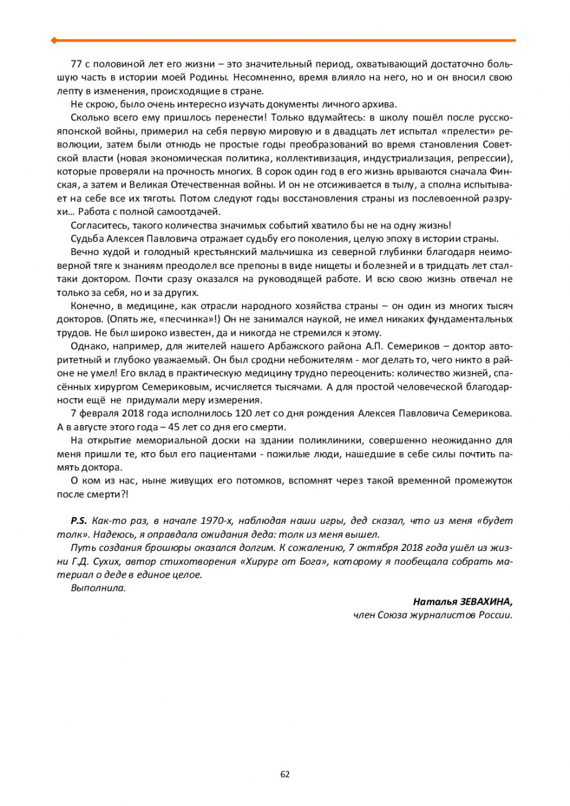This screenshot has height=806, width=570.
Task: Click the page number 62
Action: pyautogui.click(x=285, y=774)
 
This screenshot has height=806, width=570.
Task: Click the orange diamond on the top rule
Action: pyautogui.click(x=54, y=40)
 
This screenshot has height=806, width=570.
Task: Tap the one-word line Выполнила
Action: pyautogui.click(x=98, y=588)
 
